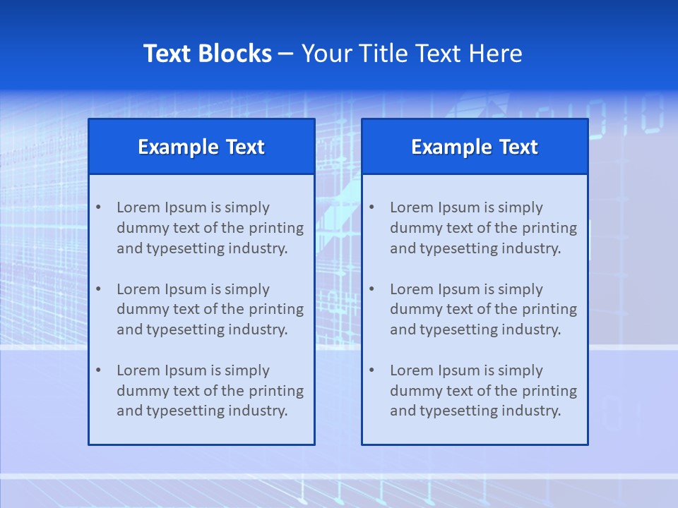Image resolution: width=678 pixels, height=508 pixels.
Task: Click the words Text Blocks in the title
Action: click(207, 54)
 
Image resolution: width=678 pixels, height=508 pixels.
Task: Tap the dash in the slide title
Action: click(286, 54)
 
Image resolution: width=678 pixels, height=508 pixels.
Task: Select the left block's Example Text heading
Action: click(201, 147)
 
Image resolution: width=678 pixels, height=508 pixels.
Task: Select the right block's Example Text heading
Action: click(475, 147)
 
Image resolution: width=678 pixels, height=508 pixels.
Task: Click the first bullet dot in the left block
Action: click(98, 207)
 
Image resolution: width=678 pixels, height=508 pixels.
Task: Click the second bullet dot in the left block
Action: click(98, 289)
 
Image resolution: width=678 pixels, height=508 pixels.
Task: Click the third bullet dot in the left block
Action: click(98, 370)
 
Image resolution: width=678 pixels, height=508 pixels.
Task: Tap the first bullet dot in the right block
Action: click(371, 207)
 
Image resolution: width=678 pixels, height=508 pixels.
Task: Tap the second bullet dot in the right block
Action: click(371, 289)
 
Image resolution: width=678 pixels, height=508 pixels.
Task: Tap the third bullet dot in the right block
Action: click(371, 370)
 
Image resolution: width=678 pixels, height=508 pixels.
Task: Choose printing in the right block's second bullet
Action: click(550, 309)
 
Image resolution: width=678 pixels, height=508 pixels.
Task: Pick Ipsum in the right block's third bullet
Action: click(460, 370)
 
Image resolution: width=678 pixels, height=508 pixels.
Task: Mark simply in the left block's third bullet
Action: click(247, 370)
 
